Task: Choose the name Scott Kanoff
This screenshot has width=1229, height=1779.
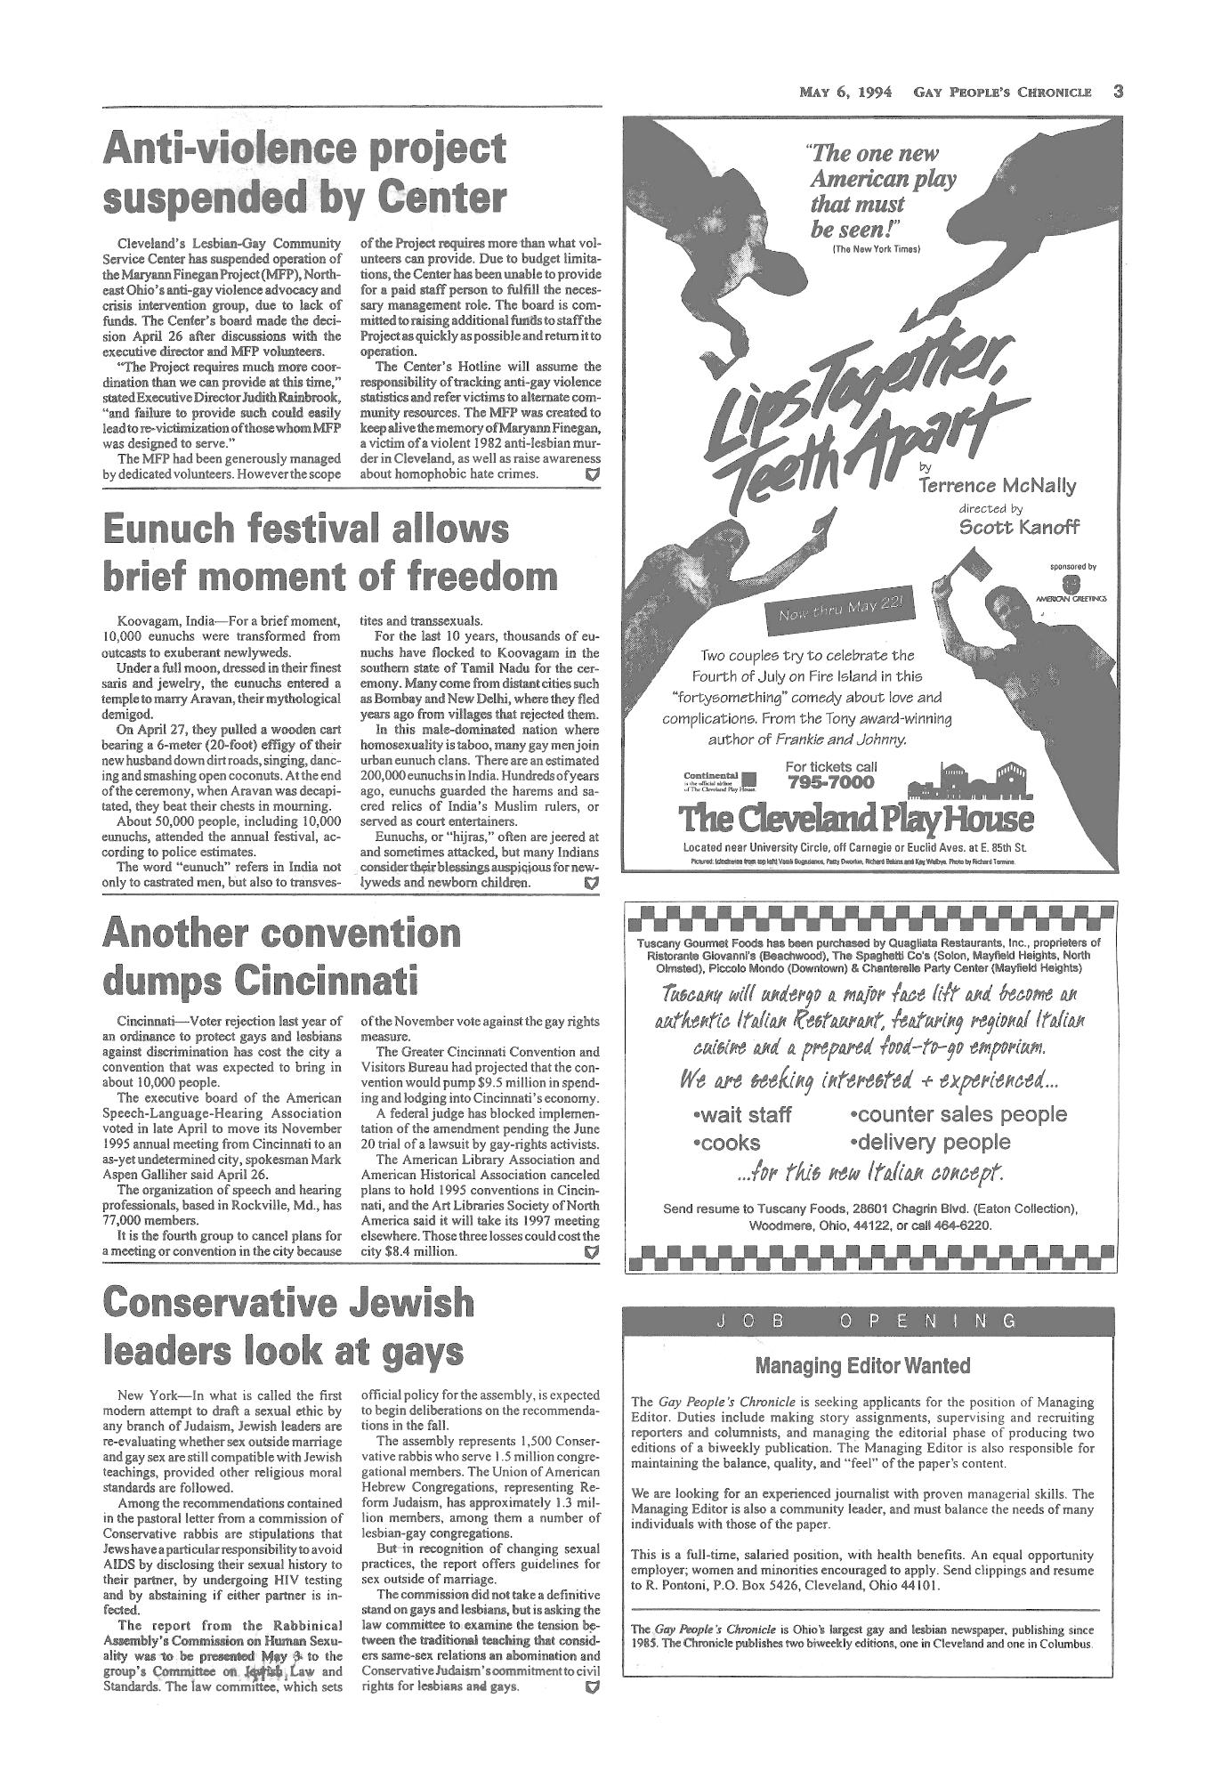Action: click(x=1019, y=526)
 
